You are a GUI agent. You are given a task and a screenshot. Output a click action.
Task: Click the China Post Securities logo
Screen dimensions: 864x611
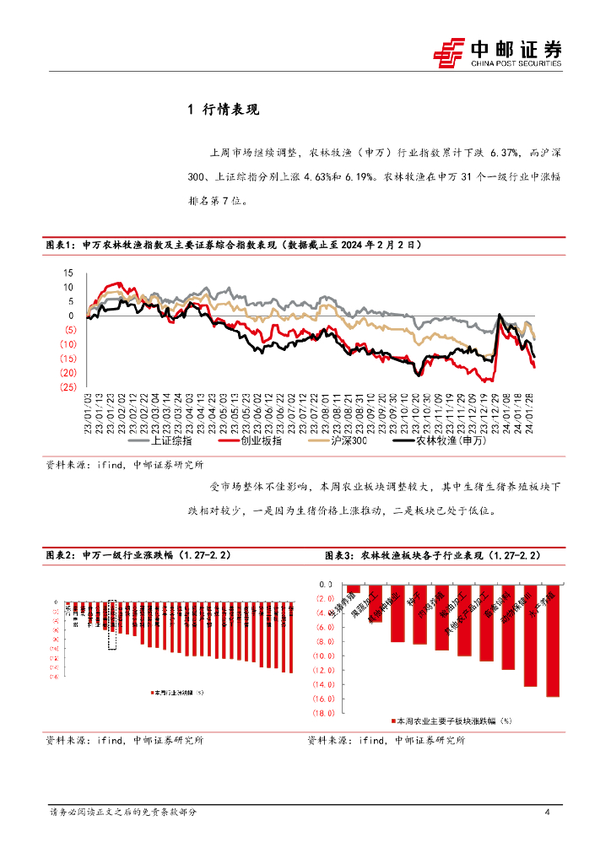pos(497,52)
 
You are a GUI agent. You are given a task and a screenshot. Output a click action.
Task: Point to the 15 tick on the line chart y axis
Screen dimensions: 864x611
pos(69,273)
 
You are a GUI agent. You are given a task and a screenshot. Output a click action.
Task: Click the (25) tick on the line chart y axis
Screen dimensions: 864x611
pos(68,387)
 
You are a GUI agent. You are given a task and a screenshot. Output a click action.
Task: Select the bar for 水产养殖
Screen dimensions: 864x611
pos(554,640)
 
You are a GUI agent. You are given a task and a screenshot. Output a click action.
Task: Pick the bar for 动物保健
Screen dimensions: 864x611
pos(531,635)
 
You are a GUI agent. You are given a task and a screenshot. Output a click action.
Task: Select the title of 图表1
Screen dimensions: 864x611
pos(232,245)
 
